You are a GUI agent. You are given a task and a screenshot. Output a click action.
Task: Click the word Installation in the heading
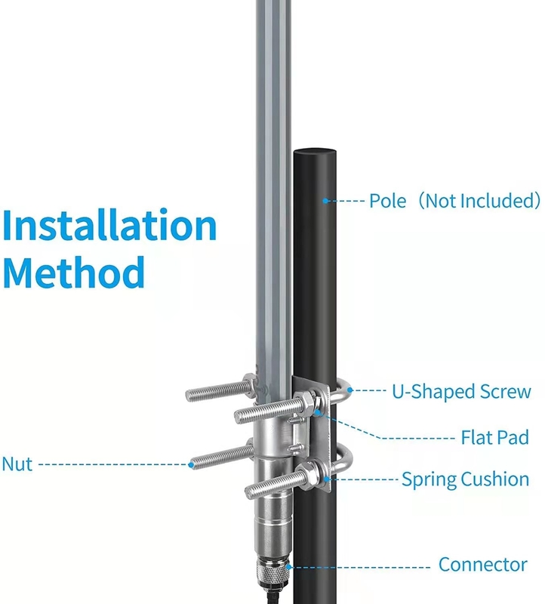(x=109, y=224)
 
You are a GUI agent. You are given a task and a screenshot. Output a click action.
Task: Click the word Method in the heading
(x=73, y=272)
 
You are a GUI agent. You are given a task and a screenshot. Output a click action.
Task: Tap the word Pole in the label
(x=387, y=201)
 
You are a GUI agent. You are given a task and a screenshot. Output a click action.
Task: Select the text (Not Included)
(x=479, y=201)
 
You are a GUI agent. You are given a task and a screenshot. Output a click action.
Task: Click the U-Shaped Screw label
(x=461, y=391)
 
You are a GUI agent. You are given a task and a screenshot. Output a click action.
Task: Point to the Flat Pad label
(x=495, y=438)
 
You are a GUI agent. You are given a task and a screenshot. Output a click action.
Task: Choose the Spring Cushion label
(x=465, y=479)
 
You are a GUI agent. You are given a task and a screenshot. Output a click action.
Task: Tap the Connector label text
(x=482, y=564)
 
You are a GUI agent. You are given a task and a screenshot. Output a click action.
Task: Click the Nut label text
(x=17, y=464)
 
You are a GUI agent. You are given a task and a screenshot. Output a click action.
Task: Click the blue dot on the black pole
(x=325, y=201)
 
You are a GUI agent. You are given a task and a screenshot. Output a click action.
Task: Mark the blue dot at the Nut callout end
(x=192, y=464)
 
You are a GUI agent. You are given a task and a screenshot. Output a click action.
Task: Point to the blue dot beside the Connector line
(x=288, y=567)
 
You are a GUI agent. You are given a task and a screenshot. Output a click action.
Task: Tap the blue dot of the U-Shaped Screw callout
(x=350, y=390)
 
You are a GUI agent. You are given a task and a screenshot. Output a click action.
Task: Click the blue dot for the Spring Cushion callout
(x=327, y=479)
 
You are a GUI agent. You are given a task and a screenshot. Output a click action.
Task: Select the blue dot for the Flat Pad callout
(x=318, y=413)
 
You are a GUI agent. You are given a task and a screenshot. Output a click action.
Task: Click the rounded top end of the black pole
(x=315, y=152)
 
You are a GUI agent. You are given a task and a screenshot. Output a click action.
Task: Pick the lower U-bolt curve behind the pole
(x=345, y=459)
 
